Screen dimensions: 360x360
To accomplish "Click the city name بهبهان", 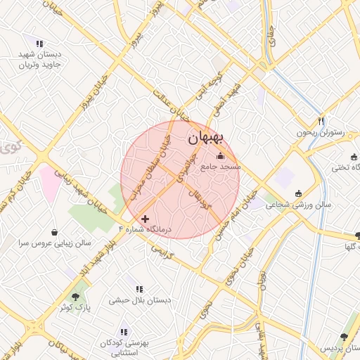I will tap(209, 139).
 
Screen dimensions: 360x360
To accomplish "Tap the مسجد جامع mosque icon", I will tap(221, 156).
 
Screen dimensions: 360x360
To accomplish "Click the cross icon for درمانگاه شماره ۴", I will tap(146, 219).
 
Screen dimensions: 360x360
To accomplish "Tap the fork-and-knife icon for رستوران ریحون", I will tap(321, 121).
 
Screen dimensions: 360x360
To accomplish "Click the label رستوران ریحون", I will tap(323, 132).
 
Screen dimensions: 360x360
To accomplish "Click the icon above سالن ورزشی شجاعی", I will tap(298, 193).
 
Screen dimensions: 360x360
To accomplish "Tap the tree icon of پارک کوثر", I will tap(76, 297).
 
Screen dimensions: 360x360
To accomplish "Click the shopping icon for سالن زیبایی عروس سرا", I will tap(56, 232).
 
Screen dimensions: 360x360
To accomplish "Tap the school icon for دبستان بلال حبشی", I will tap(139, 288).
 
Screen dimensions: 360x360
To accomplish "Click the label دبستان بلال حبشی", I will tap(141, 300).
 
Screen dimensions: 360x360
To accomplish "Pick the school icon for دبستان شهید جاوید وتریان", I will tap(39, 44).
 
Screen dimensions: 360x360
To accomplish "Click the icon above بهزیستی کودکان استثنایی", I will tap(124, 331).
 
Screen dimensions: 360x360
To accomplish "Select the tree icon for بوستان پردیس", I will tap(343, 337).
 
